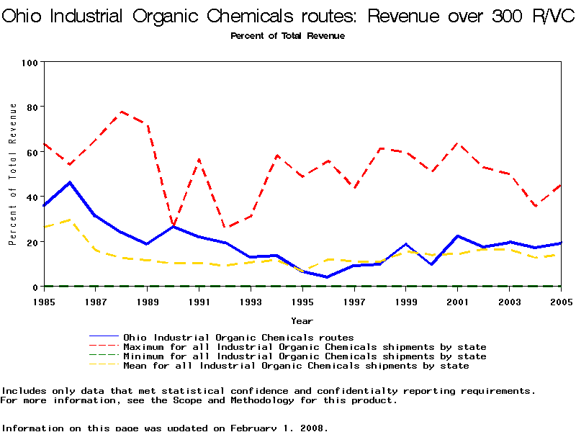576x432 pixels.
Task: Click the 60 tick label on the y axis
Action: [x=32, y=153]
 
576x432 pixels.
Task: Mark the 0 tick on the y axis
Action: [x=35, y=287]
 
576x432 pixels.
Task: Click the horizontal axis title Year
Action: [x=302, y=320]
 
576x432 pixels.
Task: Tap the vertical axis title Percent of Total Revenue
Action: [x=13, y=174]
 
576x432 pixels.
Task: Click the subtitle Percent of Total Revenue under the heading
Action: [x=287, y=36]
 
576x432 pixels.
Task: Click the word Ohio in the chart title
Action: [x=26, y=17]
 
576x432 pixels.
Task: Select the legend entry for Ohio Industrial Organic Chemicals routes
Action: [x=238, y=337]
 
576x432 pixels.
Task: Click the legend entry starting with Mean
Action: [x=295, y=366]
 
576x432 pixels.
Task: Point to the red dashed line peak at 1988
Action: [x=122, y=112]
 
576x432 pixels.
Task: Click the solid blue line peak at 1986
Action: [x=70, y=182]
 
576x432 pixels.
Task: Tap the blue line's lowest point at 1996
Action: [x=328, y=277]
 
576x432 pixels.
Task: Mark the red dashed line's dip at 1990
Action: [x=174, y=225]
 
